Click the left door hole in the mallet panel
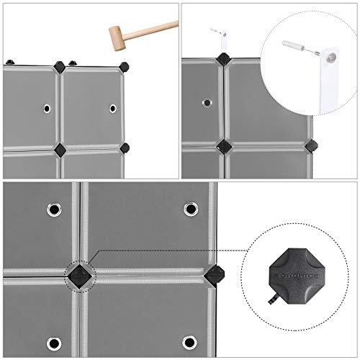[47, 109]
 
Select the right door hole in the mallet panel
[113, 109]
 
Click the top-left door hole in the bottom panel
[54, 210]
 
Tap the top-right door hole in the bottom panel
[190, 209]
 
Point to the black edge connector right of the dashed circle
[214, 274]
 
